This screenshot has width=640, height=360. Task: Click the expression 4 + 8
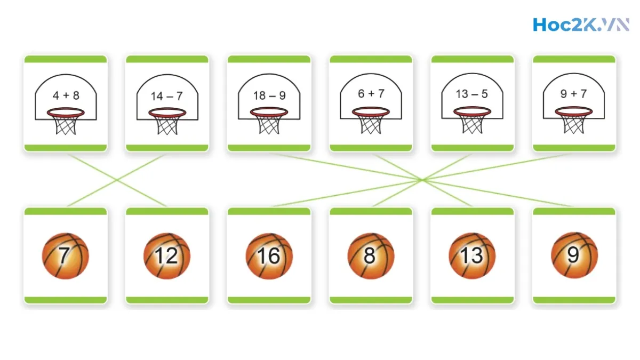coord(66,95)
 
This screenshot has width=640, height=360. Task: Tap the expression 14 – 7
coord(167,96)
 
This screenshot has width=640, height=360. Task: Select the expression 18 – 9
coord(269,95)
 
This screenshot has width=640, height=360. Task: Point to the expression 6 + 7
coord(371,93)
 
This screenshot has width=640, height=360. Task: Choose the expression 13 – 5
coord(472,94)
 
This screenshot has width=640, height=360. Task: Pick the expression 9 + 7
coord(574,94)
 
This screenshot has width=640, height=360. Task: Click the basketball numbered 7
coord(65,255)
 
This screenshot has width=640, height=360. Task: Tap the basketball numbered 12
coord(167,255)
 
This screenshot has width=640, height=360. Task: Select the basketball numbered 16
coord(269,255)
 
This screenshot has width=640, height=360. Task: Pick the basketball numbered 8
coord(371,255)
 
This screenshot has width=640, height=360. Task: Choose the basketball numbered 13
coord(472,255)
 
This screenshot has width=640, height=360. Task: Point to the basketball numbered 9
coord(574,255)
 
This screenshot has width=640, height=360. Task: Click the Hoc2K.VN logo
coord(581,25)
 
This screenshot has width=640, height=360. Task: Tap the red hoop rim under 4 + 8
coord(66,113)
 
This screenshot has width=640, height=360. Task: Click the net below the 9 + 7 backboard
coord(574,125)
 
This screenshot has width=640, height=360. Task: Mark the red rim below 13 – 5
coord(472,111)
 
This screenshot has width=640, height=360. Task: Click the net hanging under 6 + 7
coord(371,125)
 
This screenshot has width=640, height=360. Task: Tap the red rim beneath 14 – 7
coord(167,113)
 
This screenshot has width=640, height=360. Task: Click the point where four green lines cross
coord(422,180)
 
